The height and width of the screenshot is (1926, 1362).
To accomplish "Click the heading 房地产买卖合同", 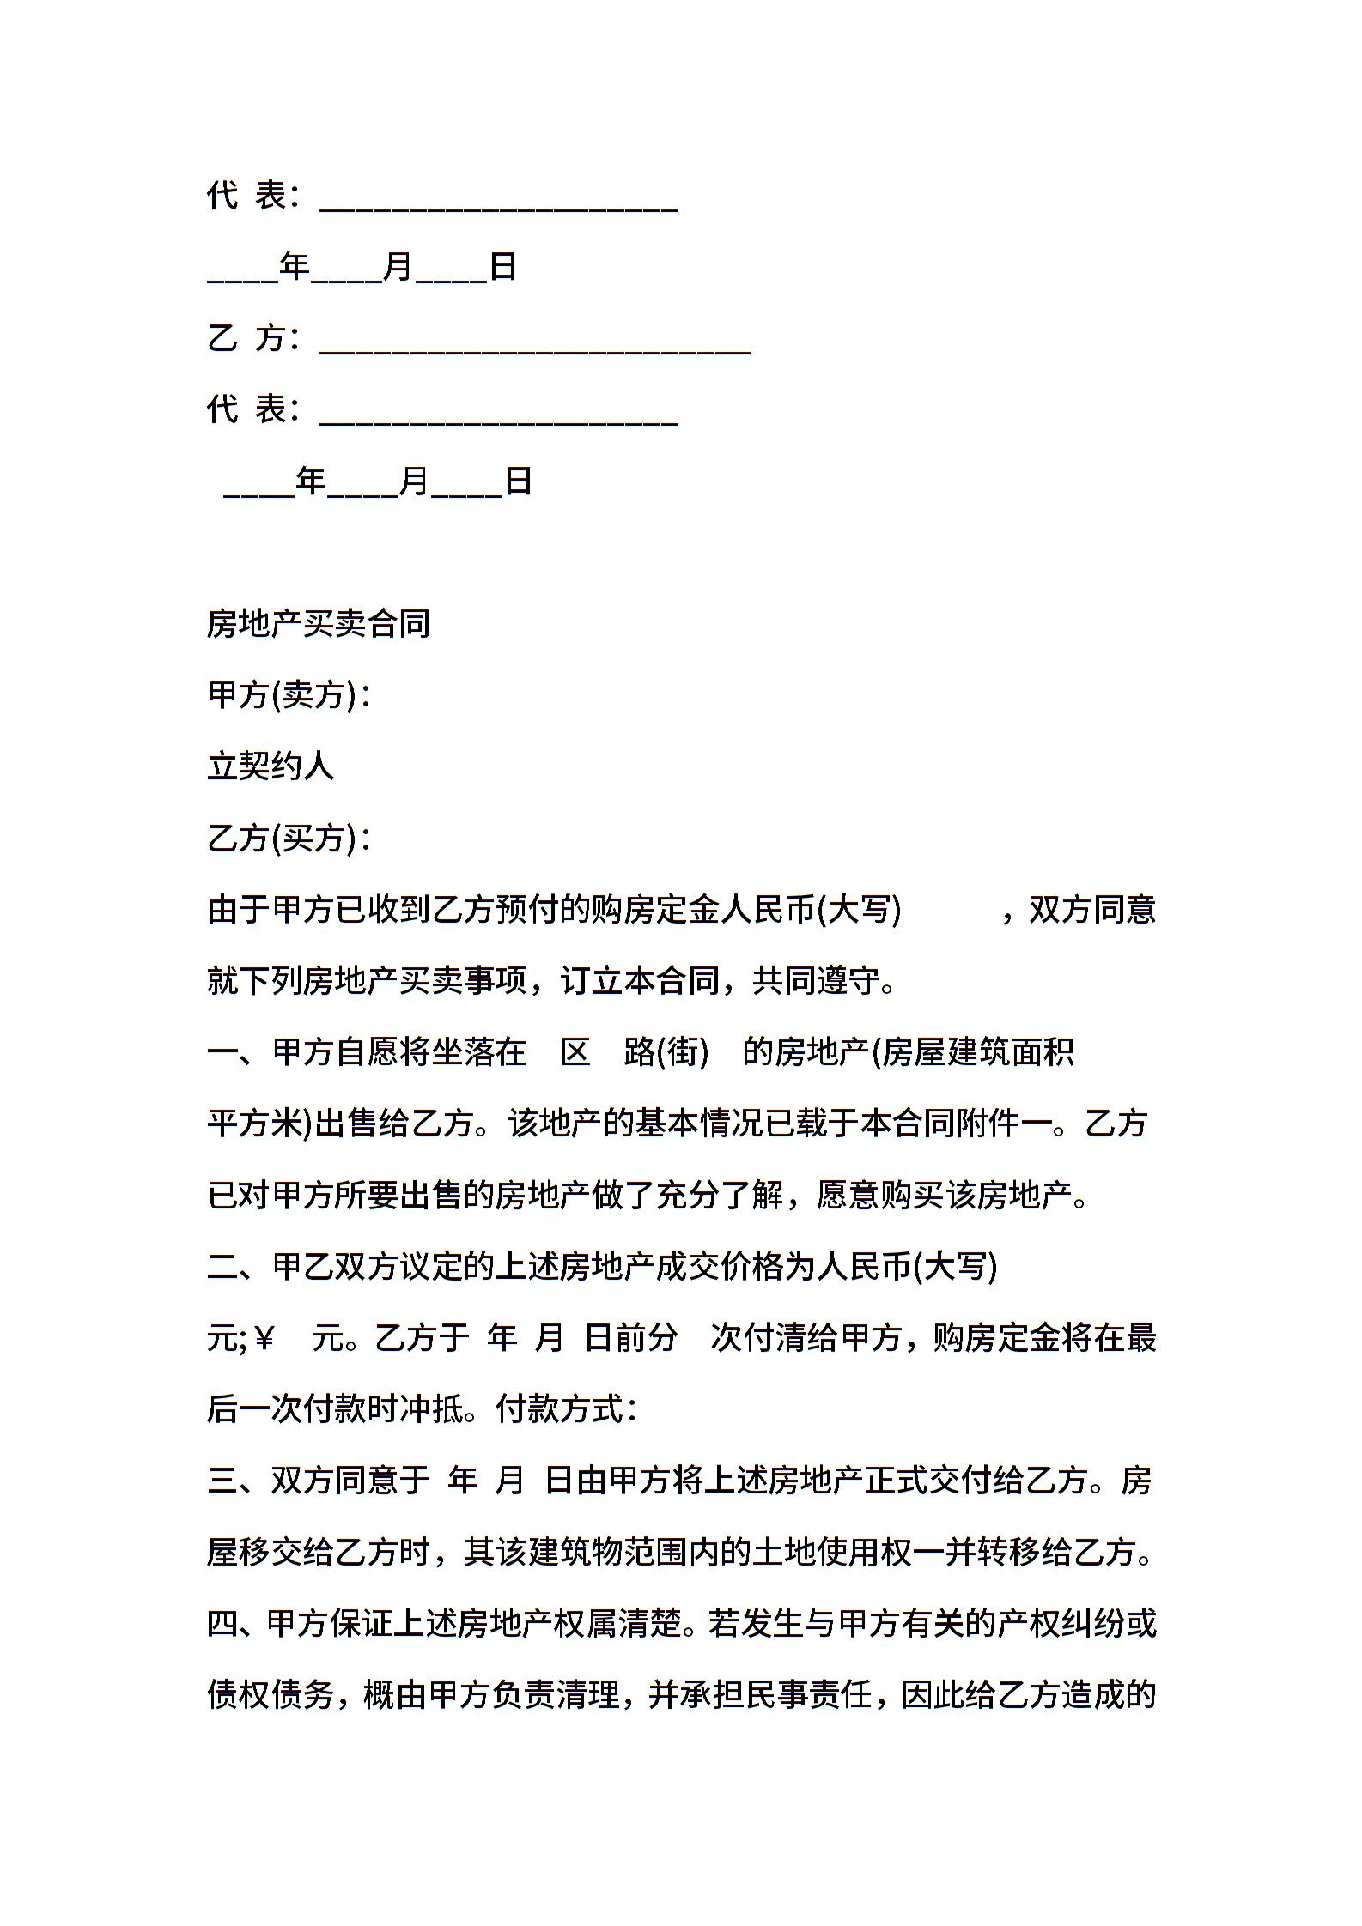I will [x=318, y=624].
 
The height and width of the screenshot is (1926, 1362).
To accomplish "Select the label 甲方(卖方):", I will [x=289, y=695].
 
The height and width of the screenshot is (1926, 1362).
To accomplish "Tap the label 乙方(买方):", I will [x=289, y=838].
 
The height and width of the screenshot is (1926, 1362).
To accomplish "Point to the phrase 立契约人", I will [x=270, y=766].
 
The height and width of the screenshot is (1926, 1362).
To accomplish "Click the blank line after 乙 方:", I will [x=534, y=341].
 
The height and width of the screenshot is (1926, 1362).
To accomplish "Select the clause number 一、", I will [x=239, y=1052].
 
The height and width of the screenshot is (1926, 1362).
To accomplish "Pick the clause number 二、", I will [x=239, y=1267].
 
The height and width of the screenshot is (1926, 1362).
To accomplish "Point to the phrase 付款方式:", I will [x=567, y=1409].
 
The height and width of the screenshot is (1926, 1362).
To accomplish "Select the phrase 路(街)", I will [x=666, y=1052].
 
